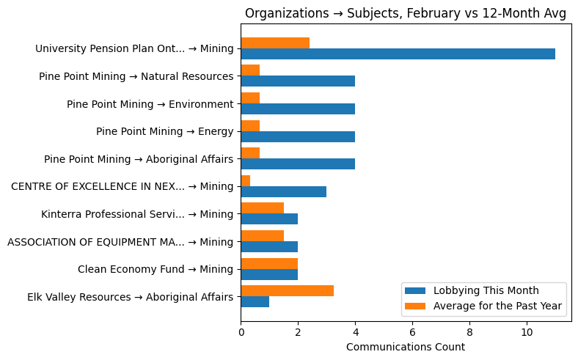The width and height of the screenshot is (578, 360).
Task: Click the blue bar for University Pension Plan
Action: tap(398, 54)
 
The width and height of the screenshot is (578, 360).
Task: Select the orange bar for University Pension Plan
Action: tap(275, 43)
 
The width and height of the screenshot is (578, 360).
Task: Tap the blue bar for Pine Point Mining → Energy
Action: tap(298, 136)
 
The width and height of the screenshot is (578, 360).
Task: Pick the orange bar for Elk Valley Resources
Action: tap(287, 291)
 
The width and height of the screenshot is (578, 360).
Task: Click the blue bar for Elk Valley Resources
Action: tap(255, 302)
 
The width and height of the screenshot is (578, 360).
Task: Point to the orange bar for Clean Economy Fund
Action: tap(269, 263)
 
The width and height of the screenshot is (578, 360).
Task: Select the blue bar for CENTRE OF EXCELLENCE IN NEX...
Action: tap(283, 191)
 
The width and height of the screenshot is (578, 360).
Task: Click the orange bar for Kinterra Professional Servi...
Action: tap(262, 208)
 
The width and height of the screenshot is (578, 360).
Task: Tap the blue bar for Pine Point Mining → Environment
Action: tap(298, 109)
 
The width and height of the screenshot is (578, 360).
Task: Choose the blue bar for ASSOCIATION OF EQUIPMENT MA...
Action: tap(269, 247)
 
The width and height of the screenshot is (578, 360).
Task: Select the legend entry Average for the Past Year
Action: tap(497, 305)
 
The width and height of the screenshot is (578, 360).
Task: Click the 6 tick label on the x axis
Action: tap(412, 332)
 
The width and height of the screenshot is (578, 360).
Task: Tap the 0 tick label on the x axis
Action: tap(241, 332)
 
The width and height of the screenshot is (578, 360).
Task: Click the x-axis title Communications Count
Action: tap(405, 347)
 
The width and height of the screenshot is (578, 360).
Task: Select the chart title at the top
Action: tap(405, 14)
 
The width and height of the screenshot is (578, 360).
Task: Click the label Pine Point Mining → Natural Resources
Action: tap(136, 76)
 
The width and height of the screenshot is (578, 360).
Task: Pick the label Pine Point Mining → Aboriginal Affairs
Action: tap(139, 159)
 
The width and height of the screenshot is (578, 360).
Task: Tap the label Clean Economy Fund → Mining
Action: tap(156, 269)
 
